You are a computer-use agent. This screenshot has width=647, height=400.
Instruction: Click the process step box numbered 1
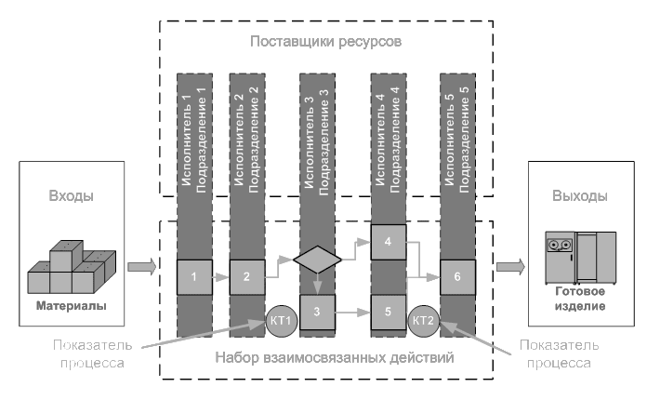[x=194, y=277]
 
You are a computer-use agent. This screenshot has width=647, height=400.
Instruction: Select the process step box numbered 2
[x=246, y=277]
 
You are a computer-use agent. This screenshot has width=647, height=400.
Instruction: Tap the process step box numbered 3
[x=317, y=312]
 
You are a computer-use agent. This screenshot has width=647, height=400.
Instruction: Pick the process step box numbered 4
[x=388, y=242]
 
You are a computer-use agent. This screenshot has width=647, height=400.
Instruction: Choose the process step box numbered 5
[x=388, y=312]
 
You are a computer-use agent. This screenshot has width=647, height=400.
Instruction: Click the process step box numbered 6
[x=457, y=277]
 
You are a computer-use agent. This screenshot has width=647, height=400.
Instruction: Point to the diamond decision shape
[x=317, y=260]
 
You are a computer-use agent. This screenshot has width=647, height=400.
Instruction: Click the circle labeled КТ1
[x=282, y=321]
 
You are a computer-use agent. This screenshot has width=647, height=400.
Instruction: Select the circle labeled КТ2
[x=423, y=321]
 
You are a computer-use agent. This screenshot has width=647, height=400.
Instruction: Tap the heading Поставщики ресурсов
[x=326, y=42]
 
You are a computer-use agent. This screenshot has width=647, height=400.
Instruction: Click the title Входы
[x=71, y=195]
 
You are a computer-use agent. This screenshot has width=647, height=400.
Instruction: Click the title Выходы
[x=580, y=195]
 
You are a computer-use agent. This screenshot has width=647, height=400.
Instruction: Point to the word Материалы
[x=72, y=306]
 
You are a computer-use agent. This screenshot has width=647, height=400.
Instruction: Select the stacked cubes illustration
[x=72, y=267]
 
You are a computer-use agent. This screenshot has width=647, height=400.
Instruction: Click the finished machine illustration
[x=581, y=258]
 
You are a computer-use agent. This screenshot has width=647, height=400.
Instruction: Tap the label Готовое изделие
[x=580, y=299]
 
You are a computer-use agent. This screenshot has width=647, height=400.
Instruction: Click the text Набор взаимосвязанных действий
[x=335, y=357]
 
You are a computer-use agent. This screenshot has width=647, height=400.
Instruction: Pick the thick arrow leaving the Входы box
[x=142, y=267]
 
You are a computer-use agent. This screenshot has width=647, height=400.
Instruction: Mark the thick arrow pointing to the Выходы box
[x=510, y=267]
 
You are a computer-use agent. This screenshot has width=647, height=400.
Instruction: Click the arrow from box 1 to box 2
[x=220, y=277]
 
